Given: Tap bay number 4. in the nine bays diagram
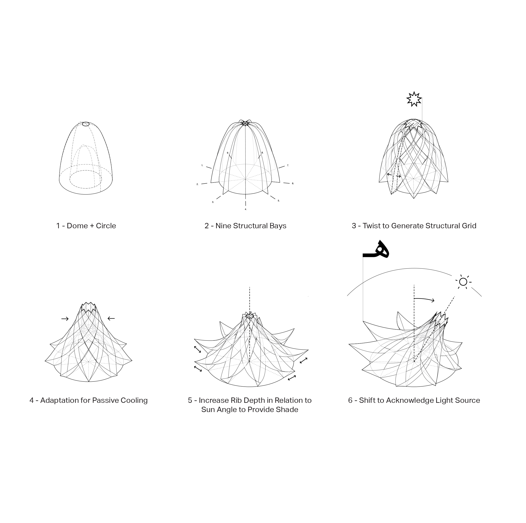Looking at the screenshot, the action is tap(246, 209).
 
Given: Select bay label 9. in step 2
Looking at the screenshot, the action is tap(228, 153).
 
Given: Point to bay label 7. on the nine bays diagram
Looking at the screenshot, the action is tap(288, 165).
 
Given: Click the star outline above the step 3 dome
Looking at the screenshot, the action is tap(414, 99).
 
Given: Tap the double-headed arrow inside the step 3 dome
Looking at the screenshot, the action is tap(394, 175).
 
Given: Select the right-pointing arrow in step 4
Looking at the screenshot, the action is tap(65, 319).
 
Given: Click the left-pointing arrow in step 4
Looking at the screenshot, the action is tap(111, 318).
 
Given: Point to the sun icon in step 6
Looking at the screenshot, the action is tap(463, 282).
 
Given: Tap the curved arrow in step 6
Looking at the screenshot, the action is tap(424, 299).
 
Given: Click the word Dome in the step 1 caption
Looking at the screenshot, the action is tap(77, 226).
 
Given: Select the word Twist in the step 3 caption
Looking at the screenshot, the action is tap(370, 226).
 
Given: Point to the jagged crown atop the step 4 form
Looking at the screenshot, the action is tap(89, 306).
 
